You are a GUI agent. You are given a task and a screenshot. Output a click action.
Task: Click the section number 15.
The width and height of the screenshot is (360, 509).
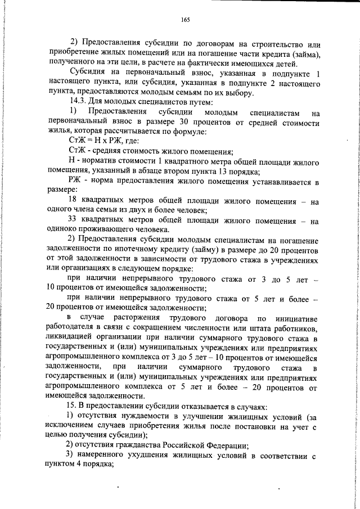pos(71,405)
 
